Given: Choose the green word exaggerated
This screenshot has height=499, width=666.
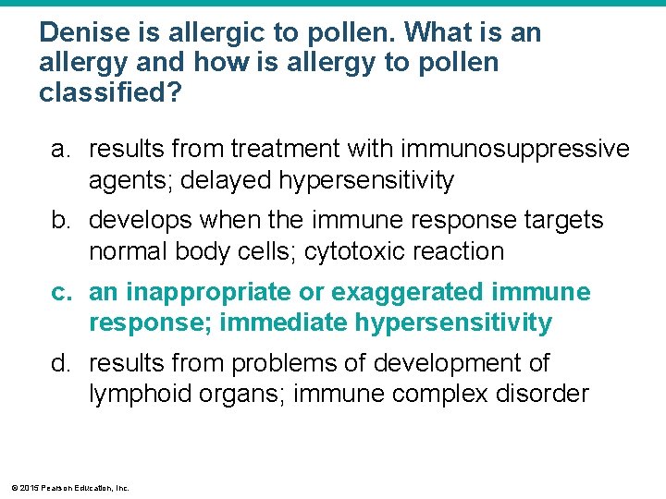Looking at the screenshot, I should point(406,293).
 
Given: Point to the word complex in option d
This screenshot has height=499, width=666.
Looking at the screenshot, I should point(435,395).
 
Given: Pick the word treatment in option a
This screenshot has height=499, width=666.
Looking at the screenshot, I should point(284,150).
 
